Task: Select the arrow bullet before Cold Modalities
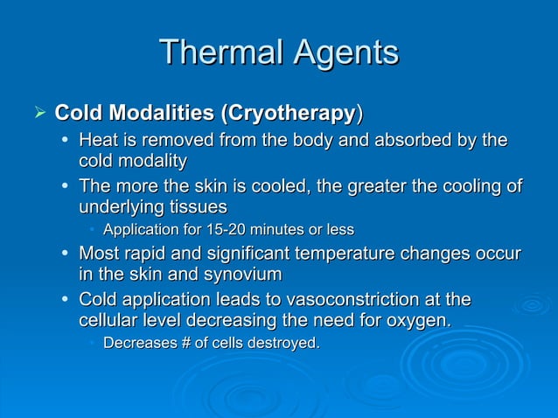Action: tap(37, 113)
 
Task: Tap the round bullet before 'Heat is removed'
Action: tap(66, 140)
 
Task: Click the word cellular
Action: tap(108, 321)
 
